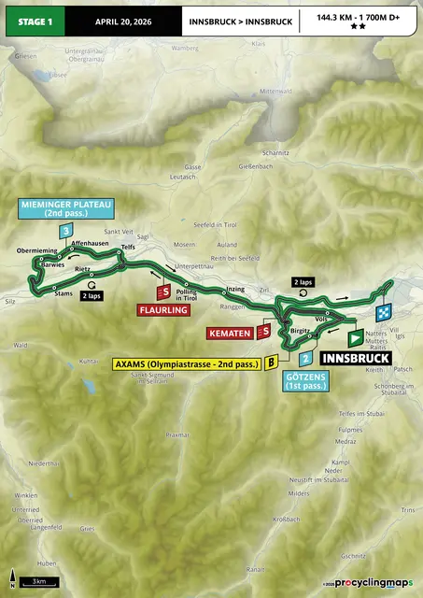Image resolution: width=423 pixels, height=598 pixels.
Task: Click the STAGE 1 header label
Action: tap(30, 18)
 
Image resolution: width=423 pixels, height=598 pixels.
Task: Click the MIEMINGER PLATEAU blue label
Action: tap(53, 207)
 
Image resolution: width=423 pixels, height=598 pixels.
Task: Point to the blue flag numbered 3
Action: tap(64, 232)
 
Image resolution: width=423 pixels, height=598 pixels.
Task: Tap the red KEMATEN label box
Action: tap(231, 332)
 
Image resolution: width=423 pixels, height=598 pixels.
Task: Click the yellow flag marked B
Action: tap(271, 362)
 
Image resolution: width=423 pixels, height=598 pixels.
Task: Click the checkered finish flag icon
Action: tap(383, 313)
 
